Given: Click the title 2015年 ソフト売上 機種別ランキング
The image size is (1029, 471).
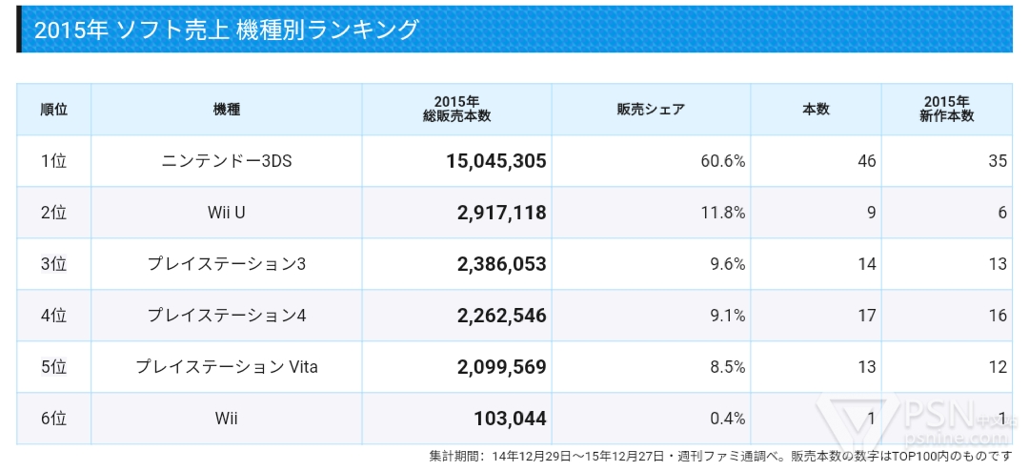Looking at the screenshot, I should click(x=226, y=30).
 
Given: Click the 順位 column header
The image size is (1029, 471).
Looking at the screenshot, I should click(x=53, y=109).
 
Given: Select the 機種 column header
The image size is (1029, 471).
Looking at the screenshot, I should click(x=227, y=109).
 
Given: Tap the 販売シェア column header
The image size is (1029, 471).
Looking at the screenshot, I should click(x=651, y=109).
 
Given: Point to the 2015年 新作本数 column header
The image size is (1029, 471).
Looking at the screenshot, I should click(x=946, y=109).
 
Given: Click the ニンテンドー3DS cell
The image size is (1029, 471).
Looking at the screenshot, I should click(x=227, y=161).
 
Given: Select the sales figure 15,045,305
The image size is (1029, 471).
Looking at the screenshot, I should click(x=496, y=161).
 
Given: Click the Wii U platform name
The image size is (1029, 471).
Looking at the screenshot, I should click(x=227, y=213).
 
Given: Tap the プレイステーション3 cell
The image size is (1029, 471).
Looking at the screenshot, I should click(x=227, y=264).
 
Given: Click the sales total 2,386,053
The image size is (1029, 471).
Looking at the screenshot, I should click(x=502, y=264).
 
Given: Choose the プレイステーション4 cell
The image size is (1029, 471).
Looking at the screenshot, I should click(x=227, y=316).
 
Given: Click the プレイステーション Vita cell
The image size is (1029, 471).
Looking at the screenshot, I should click(x=227, y=367).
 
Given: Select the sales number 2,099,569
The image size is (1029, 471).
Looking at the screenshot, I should click(x=502, y=367).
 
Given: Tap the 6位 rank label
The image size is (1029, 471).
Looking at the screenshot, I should click(x=53, y=419).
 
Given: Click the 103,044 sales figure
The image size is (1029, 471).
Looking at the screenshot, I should click(x=510, y=419).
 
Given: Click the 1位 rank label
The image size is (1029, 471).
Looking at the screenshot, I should click(x=53, y=161).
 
